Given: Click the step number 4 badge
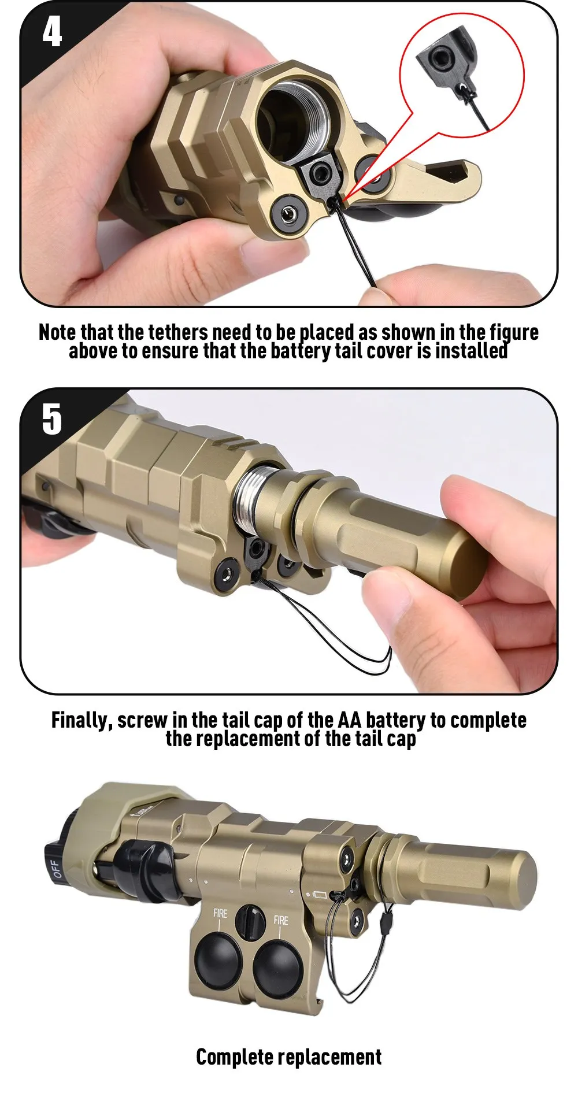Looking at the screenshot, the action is coord(52,31).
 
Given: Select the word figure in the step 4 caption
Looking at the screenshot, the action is coord(514,333).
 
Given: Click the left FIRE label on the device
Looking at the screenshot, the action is coord(220,913).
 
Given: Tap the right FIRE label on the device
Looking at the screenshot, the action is coord(281,920).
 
